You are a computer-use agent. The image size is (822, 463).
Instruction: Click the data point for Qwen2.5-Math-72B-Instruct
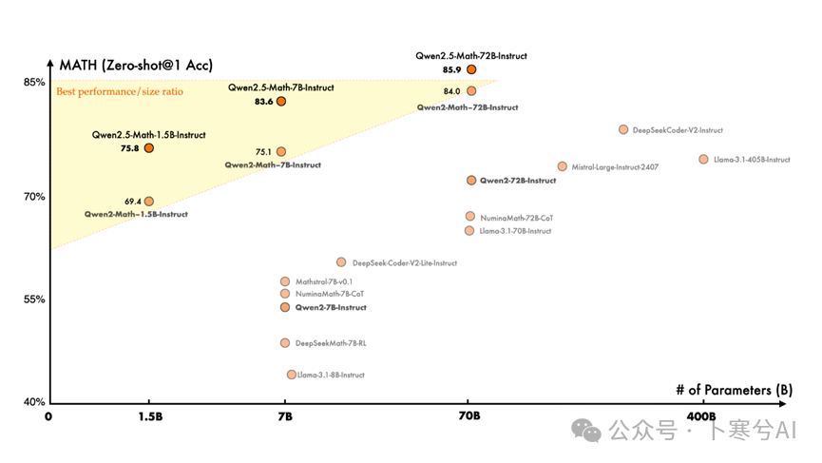pyautogui.click(x=471, y=69)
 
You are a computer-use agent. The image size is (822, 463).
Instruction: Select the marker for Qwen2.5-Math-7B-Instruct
pyautogui.click(x=281, y=101)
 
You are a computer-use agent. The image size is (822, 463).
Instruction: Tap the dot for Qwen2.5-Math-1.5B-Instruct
pyautogui.click(x=149, y=148)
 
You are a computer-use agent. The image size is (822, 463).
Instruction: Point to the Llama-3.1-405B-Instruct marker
pyautogui.click(x=703, y=160)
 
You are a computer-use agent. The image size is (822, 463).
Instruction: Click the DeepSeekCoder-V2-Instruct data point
pyautogui.click(x=623, y=129)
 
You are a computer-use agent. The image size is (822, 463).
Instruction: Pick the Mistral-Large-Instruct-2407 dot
pyautogui.click(x=562, y=166)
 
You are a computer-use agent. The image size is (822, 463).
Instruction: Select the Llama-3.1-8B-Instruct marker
pyautogui.click(x=292, y=375)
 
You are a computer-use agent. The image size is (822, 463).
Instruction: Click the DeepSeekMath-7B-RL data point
pyautogui.click(x=285, y=343)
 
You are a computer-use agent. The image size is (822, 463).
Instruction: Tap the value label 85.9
pyautogui.click(x=452, y=70)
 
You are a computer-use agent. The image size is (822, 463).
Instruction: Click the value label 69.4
pyautogui.click(x=133, y=202)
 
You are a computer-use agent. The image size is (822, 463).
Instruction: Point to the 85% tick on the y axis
pyautogui.click(x=35, y=82)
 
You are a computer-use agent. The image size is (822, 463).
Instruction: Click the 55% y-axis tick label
pyautogui.click(x=35, y=299)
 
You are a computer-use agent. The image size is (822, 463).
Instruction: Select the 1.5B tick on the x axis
pyautogui.click(x=148, y=416)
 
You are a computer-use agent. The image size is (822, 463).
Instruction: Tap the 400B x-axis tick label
pyautogui.click(x=701, y=416)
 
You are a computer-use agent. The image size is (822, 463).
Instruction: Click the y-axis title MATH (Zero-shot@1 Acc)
pyautogui.click(x=136, y=65)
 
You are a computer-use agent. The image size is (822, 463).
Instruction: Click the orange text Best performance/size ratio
pyautogui.click(x=120, y=91)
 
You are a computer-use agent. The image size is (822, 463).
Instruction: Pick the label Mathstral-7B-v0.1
pyautogui.click(x=324, y=281)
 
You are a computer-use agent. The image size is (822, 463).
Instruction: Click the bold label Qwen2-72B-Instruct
pyautogui.click(x=518, y=181)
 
